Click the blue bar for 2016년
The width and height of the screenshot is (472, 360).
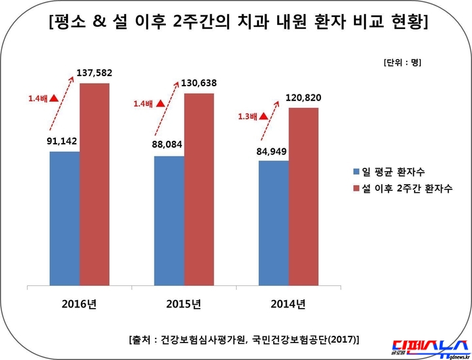65,218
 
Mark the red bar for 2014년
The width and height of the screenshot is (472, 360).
303,196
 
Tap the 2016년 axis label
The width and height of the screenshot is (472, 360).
80,303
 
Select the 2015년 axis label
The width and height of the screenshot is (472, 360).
184,303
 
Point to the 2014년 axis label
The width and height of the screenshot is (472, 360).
289,303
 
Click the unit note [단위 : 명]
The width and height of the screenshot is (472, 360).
402,63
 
